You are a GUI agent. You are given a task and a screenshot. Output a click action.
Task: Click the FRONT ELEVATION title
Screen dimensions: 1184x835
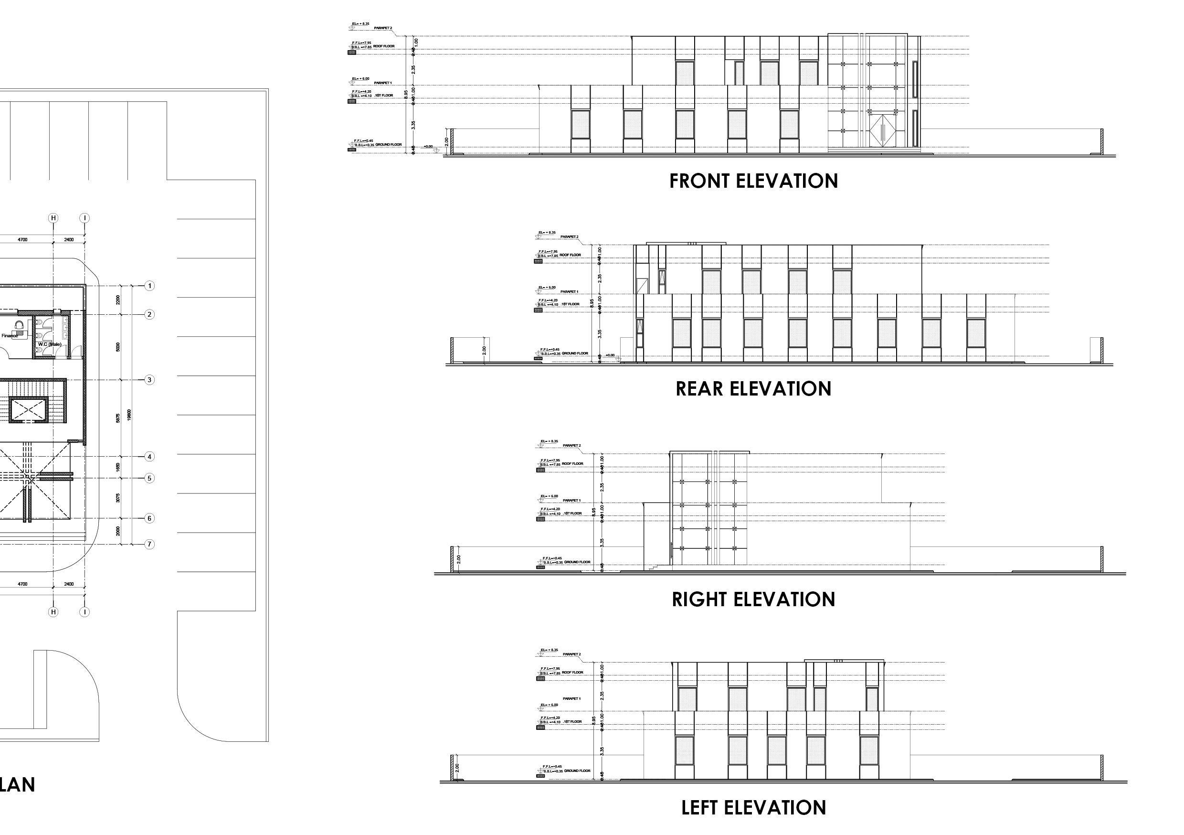pos(753,181)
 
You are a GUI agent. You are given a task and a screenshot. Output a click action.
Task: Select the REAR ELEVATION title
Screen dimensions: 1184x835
pos(753,389)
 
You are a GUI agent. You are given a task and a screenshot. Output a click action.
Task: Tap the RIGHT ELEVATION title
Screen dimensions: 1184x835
pos(753,599)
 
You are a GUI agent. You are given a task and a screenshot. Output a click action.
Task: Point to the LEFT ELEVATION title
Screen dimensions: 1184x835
pos(753,808)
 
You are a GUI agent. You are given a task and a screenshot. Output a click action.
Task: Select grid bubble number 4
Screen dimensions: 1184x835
pos(149,457)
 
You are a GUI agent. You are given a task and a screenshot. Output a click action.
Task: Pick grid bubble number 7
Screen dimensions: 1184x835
pos(149,544)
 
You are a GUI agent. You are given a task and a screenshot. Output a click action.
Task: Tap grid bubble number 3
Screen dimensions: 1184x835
pos(149,380)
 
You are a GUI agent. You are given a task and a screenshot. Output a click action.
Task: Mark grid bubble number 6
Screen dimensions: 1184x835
pos(149,518)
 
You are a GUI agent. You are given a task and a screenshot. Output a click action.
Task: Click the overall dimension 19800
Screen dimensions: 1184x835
pos(129,415)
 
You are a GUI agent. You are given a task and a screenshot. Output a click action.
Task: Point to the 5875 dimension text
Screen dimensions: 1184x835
pos(118,418)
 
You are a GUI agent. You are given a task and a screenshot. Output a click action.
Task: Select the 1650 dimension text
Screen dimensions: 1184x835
pos(118,467)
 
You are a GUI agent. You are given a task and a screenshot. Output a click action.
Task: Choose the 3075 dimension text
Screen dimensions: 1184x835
pos(118,498)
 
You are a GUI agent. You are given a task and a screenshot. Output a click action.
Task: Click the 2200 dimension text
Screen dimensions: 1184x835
pos(118,300)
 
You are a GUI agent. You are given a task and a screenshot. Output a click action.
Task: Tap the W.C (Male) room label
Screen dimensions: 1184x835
pos(50,344)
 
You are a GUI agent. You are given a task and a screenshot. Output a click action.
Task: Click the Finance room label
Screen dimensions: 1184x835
pos(9,336)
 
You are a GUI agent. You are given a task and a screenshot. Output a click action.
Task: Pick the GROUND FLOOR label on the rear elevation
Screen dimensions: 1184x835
pos(574,353)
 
